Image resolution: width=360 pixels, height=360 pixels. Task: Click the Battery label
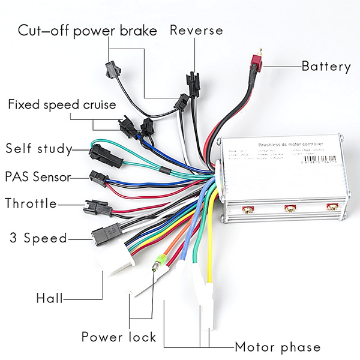click(x=326, y=67)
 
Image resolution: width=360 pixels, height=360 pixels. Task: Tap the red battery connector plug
click(x=257, y=62)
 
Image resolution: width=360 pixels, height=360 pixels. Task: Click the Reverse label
click(x=196, y=31)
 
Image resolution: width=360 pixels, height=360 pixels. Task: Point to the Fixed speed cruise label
click(x=62, y=105)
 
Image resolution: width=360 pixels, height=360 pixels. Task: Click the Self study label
click(x=38, y=148)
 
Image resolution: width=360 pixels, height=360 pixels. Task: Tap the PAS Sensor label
click(x=37, y=177)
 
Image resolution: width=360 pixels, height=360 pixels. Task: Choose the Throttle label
click(x=31, y=204)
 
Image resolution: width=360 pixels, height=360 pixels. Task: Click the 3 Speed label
click(x=38, y=238)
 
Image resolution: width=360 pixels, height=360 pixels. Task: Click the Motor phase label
click(x=277, y=347)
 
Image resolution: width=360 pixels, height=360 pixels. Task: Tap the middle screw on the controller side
click(x=290, y=208)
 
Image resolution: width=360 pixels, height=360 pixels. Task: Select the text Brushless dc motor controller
click(x=290, y=145)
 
